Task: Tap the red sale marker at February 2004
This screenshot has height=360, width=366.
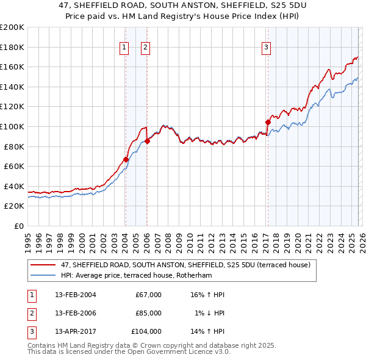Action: pyautogui.click(x=126, y=159)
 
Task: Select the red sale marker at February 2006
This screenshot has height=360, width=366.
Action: pyautogui.click(x=147, y=142)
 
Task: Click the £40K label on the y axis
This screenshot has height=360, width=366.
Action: pyautogui.click(x=14, y=186)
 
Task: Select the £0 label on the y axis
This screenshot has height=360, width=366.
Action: pyautogui.click(x=18, y=226)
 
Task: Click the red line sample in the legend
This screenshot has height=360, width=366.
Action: pyautogui.click(x=43, y=265)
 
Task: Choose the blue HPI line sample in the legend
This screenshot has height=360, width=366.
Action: pyautogui.click(x=43, y=275)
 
